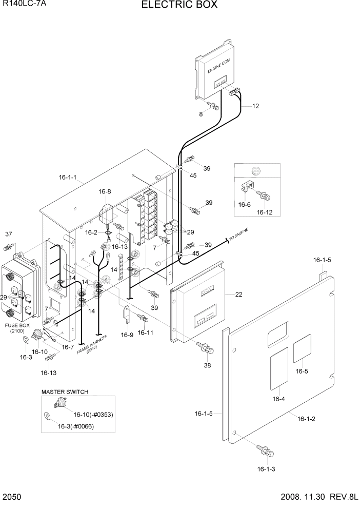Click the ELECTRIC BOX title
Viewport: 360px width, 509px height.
click(x=179, y=5)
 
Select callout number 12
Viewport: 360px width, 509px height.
click(x=255, y=106)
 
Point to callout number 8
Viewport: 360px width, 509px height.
click(x=201, y=114)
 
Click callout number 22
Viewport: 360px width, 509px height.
click(x=238, y=294)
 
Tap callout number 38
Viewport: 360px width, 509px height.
click(x=207, y=366)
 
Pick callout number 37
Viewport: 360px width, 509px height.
click(x=8, y=234)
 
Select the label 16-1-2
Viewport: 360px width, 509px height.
click(x=306, y=419)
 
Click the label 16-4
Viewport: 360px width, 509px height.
click(x=278, y=399)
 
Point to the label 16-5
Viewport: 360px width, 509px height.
click(x=302, y=371)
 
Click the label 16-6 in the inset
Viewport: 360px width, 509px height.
click(x=245, y=204)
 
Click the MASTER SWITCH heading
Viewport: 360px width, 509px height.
click(x=65, y=391)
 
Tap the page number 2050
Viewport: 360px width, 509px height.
click(x=11, y=497)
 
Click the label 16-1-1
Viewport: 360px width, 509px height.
click(x=68, y=178)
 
